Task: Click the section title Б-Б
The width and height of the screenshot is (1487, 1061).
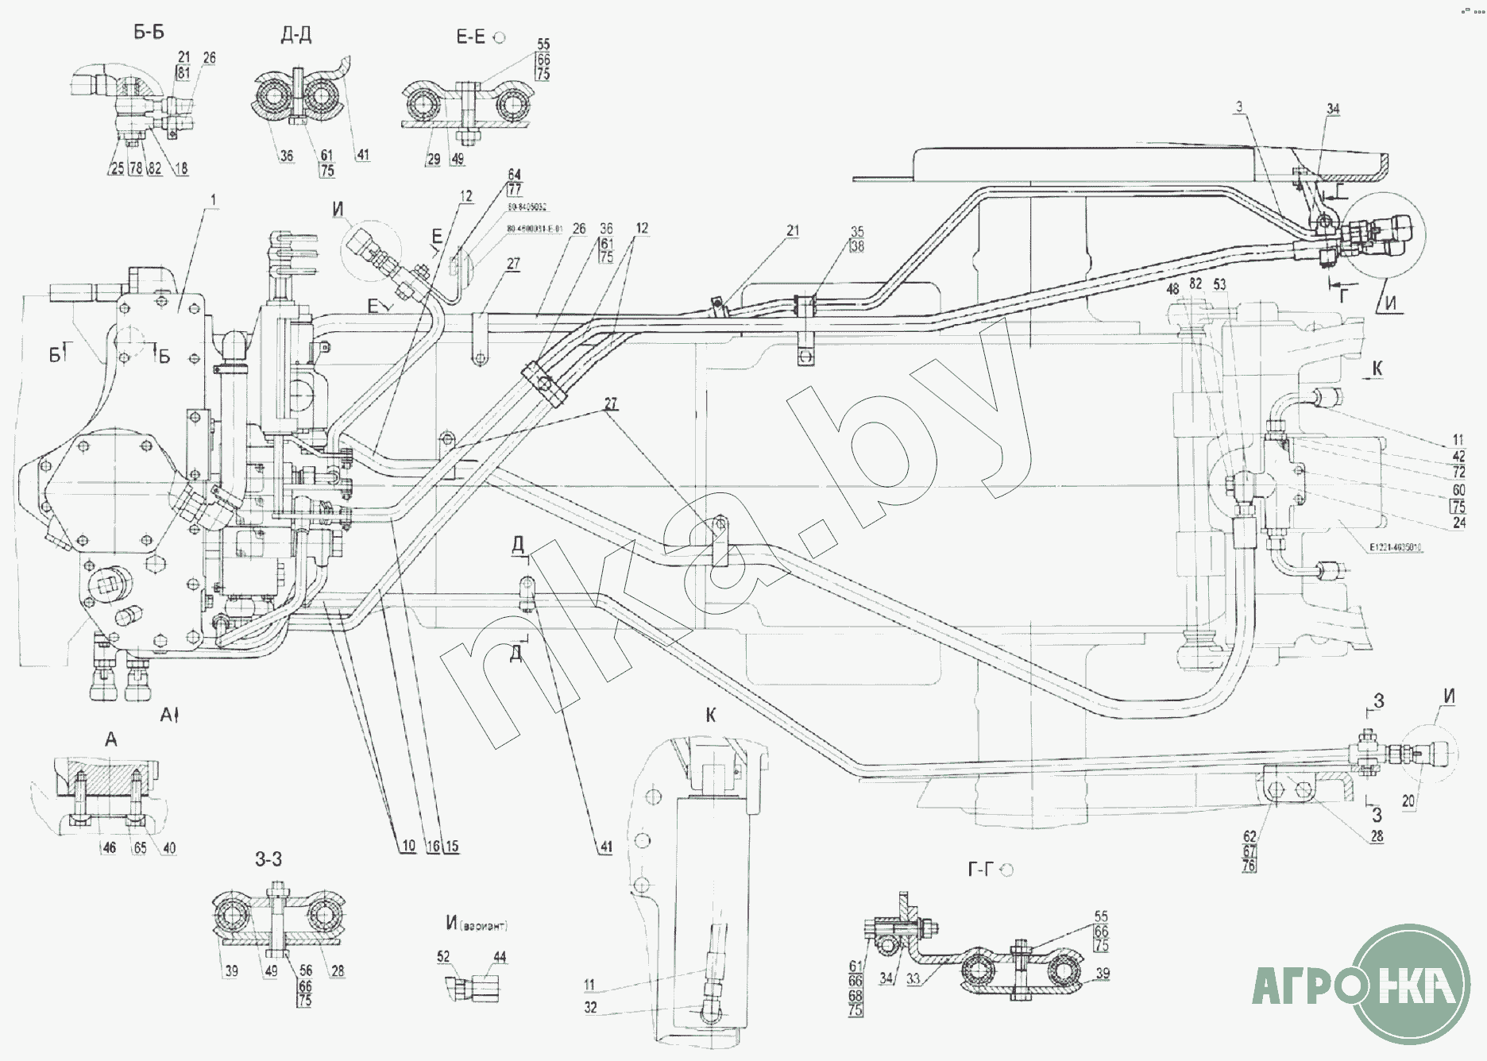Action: [149, 33]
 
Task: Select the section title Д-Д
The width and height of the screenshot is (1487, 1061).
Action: [295, 35]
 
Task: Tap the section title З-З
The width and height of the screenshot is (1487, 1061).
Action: [268, 859]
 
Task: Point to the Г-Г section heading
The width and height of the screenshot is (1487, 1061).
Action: [980, 870]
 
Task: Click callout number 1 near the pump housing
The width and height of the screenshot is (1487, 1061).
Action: [212, 200]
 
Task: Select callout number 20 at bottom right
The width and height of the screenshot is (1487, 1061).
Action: [1408, 801]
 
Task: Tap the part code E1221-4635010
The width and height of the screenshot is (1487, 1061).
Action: [1396, 548]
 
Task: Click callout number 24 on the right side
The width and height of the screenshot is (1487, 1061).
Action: [1458, 523]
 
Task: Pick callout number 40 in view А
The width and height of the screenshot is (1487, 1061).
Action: [169, 847]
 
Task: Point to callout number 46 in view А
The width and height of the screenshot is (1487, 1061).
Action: [110, 847]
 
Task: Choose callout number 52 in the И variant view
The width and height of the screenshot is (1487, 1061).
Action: [443, 957]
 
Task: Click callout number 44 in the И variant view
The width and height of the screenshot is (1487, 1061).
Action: [500, 957]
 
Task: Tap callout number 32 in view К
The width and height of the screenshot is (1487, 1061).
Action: [590, 1007]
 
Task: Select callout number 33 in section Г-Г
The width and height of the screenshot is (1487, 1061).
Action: [913, 979]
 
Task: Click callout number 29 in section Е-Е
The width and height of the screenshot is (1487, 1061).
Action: [434, 159]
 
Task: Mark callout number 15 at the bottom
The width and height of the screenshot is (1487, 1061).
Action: [452, 847]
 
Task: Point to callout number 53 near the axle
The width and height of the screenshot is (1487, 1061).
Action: [1219, 284]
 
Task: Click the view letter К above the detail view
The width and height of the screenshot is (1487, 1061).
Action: [710, 715]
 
